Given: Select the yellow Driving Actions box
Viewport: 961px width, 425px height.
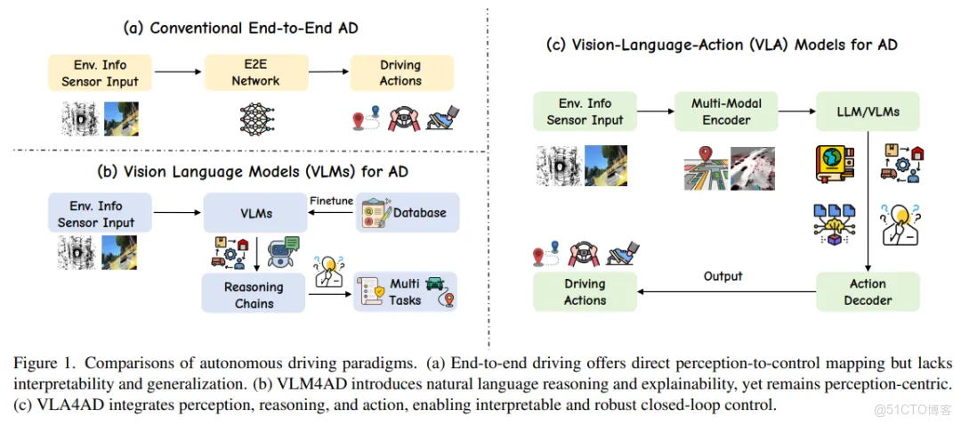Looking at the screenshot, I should [x=400, y=73].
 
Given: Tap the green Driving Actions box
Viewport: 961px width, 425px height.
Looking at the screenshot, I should [x=585, y=291].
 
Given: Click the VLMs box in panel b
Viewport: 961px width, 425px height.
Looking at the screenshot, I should [x=255, y=214].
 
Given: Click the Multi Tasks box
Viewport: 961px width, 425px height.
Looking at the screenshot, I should [x=405, y=292].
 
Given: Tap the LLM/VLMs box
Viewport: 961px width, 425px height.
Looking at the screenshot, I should [x=868, y=111].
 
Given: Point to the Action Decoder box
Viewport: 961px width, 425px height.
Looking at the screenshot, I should [x=868, y=291].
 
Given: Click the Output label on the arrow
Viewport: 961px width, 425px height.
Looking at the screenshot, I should [x=723, y=276].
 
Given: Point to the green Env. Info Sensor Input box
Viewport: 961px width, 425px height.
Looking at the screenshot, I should [x=585, y=111].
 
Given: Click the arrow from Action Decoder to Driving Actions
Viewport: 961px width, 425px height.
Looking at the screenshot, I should [x=725, y=291].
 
